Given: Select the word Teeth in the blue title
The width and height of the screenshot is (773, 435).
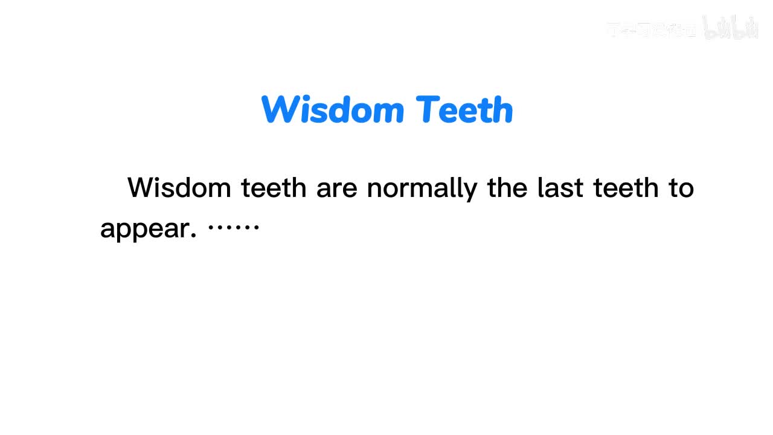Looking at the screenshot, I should (464, 110).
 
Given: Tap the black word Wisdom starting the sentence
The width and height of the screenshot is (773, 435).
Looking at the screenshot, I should (179, 188).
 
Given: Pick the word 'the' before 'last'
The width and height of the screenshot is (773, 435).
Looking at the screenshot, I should (507, 188).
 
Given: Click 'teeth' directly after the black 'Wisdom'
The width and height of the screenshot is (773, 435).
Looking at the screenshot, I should (274, 188).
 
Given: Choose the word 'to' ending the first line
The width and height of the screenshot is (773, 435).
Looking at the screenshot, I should (681, 188).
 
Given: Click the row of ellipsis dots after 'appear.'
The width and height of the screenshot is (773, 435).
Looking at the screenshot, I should (234, 228).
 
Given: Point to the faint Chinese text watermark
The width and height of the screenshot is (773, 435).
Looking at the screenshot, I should (651, 29).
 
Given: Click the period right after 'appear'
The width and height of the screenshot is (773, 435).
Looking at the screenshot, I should (193, 236).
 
